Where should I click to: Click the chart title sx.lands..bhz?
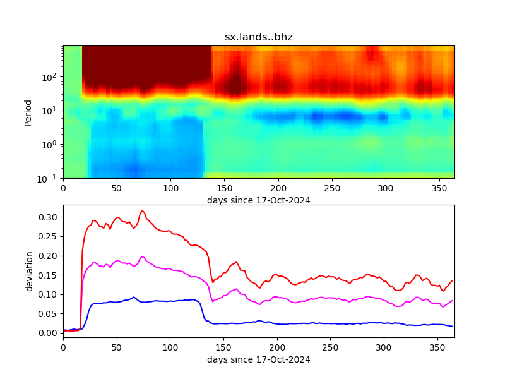259,37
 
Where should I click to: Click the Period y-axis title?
28,112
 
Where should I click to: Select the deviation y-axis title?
28,271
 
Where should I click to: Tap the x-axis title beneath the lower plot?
259,359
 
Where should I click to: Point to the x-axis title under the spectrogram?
259,200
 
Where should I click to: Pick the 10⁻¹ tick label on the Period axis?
49,178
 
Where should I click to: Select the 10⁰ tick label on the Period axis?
50,145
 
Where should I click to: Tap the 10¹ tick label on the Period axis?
50,111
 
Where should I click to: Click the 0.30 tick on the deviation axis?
48,217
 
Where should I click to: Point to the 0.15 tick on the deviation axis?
48,275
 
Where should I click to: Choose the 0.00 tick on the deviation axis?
48,333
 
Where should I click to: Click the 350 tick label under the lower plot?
438,347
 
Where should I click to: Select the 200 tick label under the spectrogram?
278,188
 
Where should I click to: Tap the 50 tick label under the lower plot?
117,347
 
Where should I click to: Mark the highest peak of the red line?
143,211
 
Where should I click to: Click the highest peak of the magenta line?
143,256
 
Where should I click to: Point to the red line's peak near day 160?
236,262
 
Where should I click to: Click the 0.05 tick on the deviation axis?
48,314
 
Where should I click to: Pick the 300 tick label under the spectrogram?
385,188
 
